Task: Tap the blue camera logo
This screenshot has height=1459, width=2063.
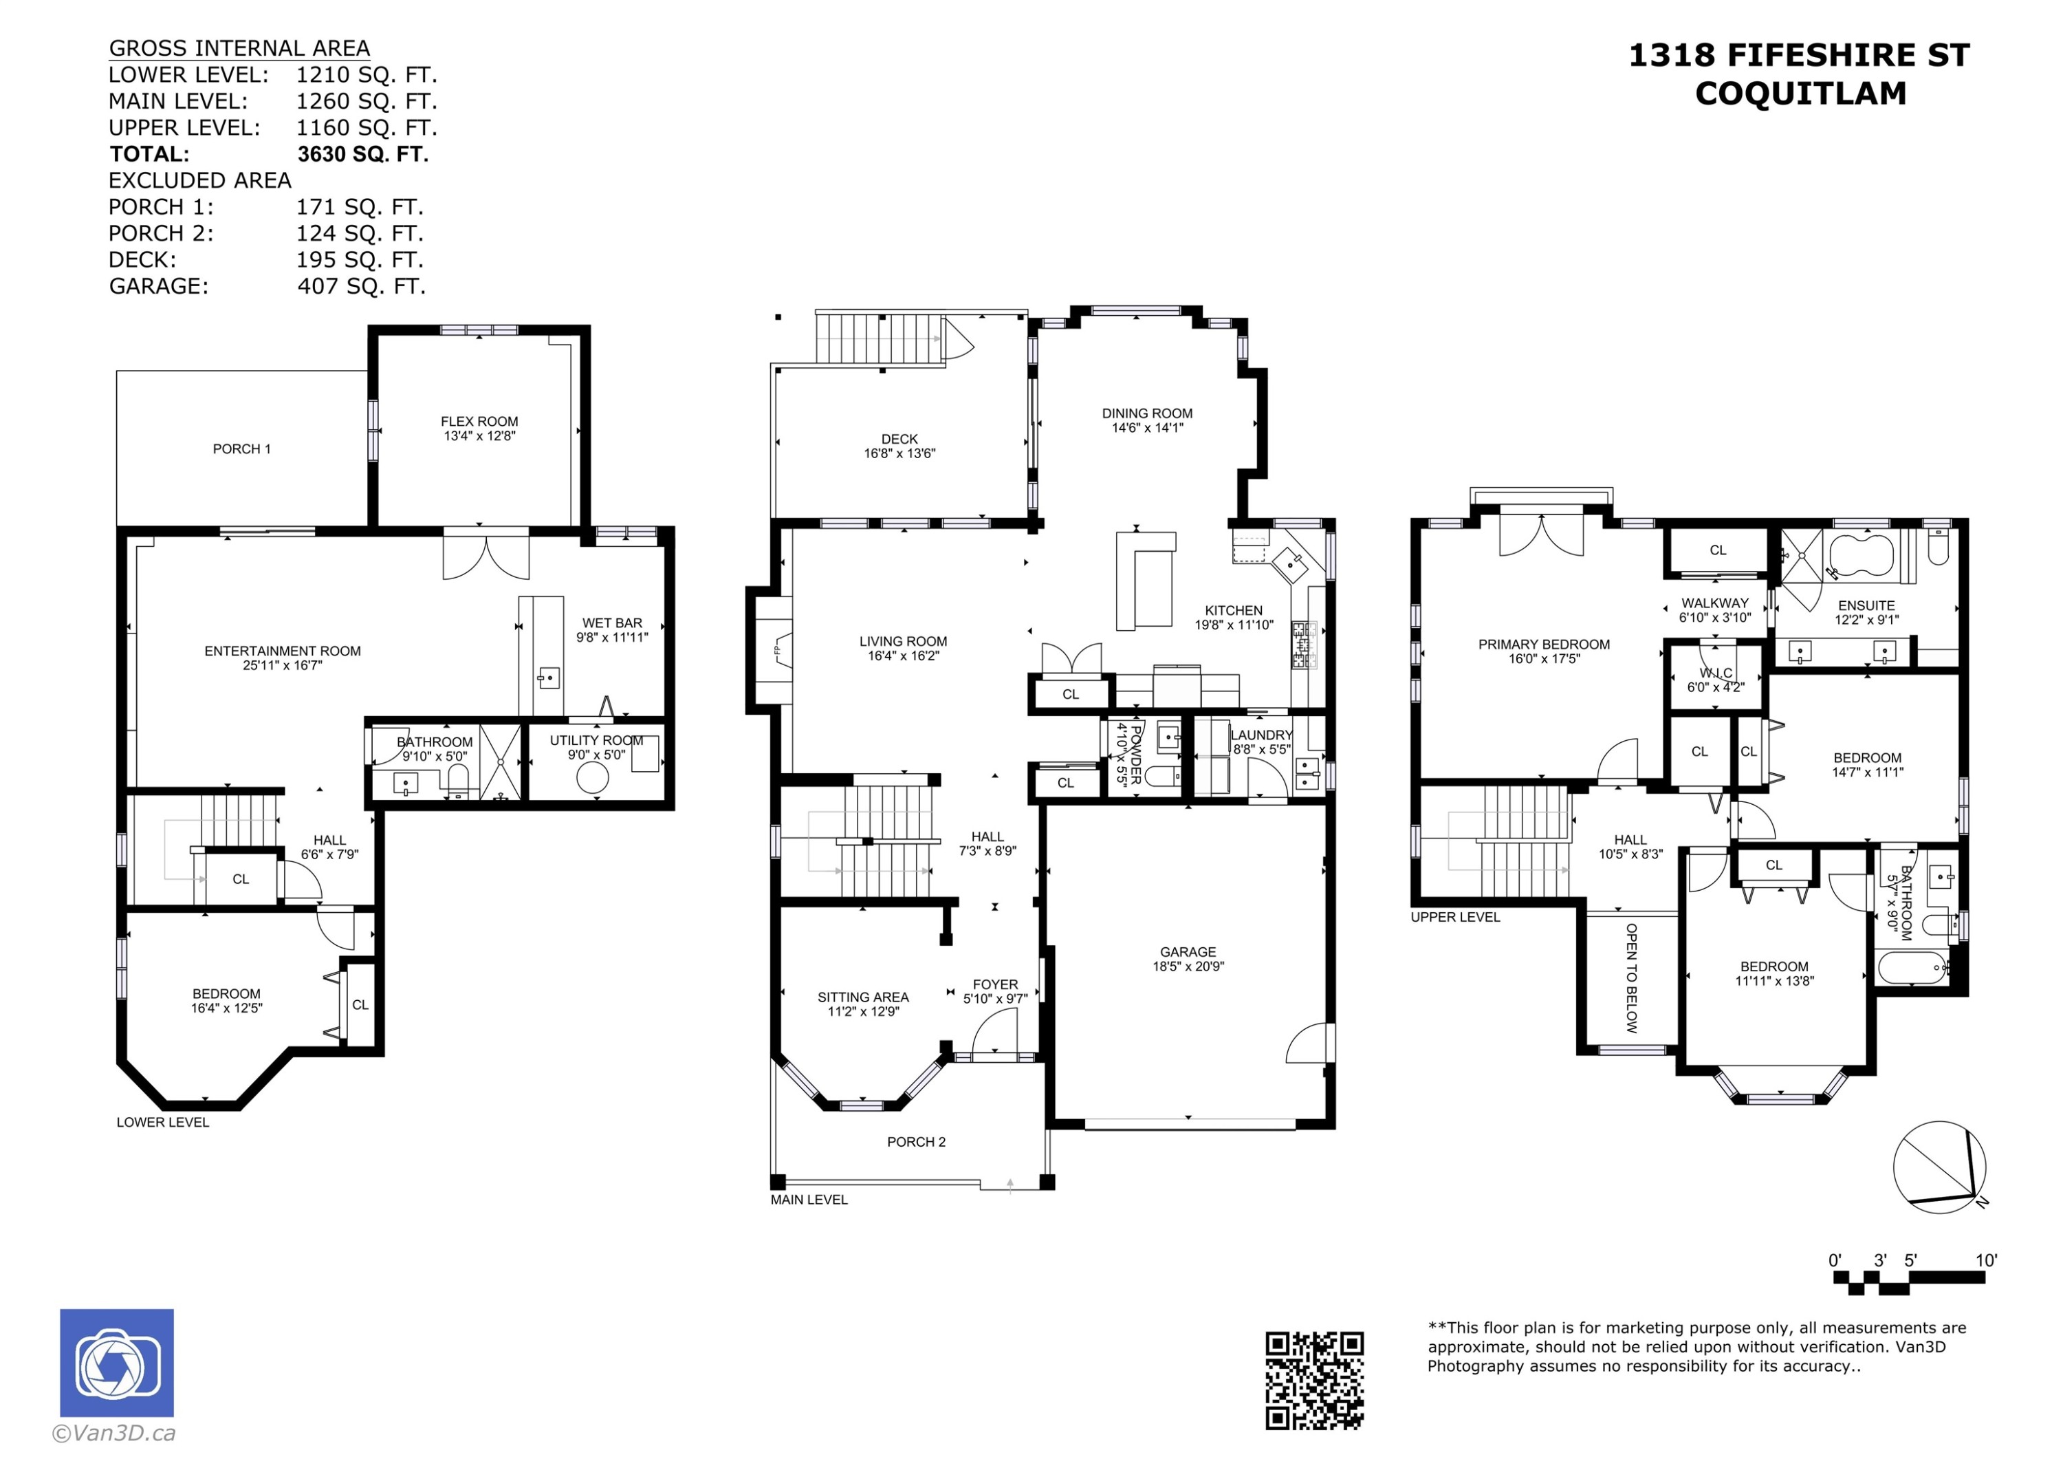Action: coord(117,1363)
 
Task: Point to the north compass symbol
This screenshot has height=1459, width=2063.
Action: coord(1941,1167)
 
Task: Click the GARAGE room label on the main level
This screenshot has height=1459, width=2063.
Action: coord(1188,952)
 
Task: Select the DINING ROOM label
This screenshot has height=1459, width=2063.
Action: coord(1148,413)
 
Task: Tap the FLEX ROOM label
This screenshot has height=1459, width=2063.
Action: coord(479,422)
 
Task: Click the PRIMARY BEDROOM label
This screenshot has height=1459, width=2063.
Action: coord(1544,645)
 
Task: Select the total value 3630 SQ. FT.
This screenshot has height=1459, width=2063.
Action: coord(363,153)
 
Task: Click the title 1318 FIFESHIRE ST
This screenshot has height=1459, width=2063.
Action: coord(1799,55)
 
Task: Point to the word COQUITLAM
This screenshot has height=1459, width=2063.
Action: coord(1800,94)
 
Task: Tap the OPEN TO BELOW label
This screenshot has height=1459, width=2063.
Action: coord(1632,978)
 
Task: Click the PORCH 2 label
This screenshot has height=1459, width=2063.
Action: coord(917,1142)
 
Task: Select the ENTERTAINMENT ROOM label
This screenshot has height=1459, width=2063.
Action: coord(282,651)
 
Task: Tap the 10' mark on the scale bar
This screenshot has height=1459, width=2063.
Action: coord(1986,1260)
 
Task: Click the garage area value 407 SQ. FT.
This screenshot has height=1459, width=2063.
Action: coord(361,286)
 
